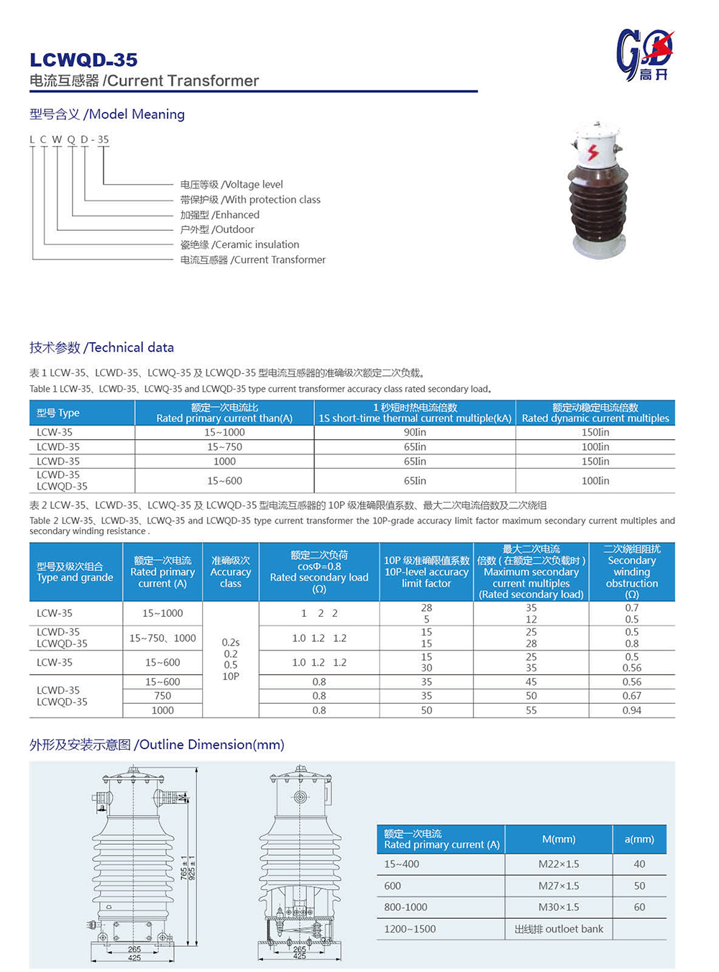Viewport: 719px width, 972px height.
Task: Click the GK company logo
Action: click(x=644, y=55)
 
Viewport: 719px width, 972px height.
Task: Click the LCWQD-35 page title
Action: click(x=83, y=60)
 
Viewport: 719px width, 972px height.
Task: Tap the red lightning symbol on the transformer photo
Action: click(x=593, y=152)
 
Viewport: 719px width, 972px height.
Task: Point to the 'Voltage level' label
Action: click(x=232, y=185)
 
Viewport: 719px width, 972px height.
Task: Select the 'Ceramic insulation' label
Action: click(x=239, y=244)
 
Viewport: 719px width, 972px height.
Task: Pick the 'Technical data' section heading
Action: click(x=101, y=347)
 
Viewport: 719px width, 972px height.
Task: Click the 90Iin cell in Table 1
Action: click(x=415, y=432)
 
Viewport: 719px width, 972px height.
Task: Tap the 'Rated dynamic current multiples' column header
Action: click(x=595, y=413)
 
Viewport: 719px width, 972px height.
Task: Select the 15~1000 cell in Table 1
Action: click(x=224, y=432)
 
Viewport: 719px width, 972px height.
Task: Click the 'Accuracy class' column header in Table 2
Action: click(x=231, y=572)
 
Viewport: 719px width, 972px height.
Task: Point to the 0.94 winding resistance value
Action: click(x=631, y=710)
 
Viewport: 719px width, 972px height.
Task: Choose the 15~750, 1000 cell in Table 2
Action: click(x=162, y=638)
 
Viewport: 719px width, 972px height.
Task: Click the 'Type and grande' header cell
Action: click(x=75, y=572)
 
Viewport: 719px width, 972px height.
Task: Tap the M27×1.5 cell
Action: click(x=559, y=886)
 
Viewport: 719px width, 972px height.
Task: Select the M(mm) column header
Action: click(x=559, y=839)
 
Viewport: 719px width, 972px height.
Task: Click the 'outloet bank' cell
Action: click(x=559, y=929)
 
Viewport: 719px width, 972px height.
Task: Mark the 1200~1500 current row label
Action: click(x=410, y=929)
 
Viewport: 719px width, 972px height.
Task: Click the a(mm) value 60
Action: click(x=639, y=907)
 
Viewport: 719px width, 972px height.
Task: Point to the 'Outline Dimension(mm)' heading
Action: click(x=157, y=744)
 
